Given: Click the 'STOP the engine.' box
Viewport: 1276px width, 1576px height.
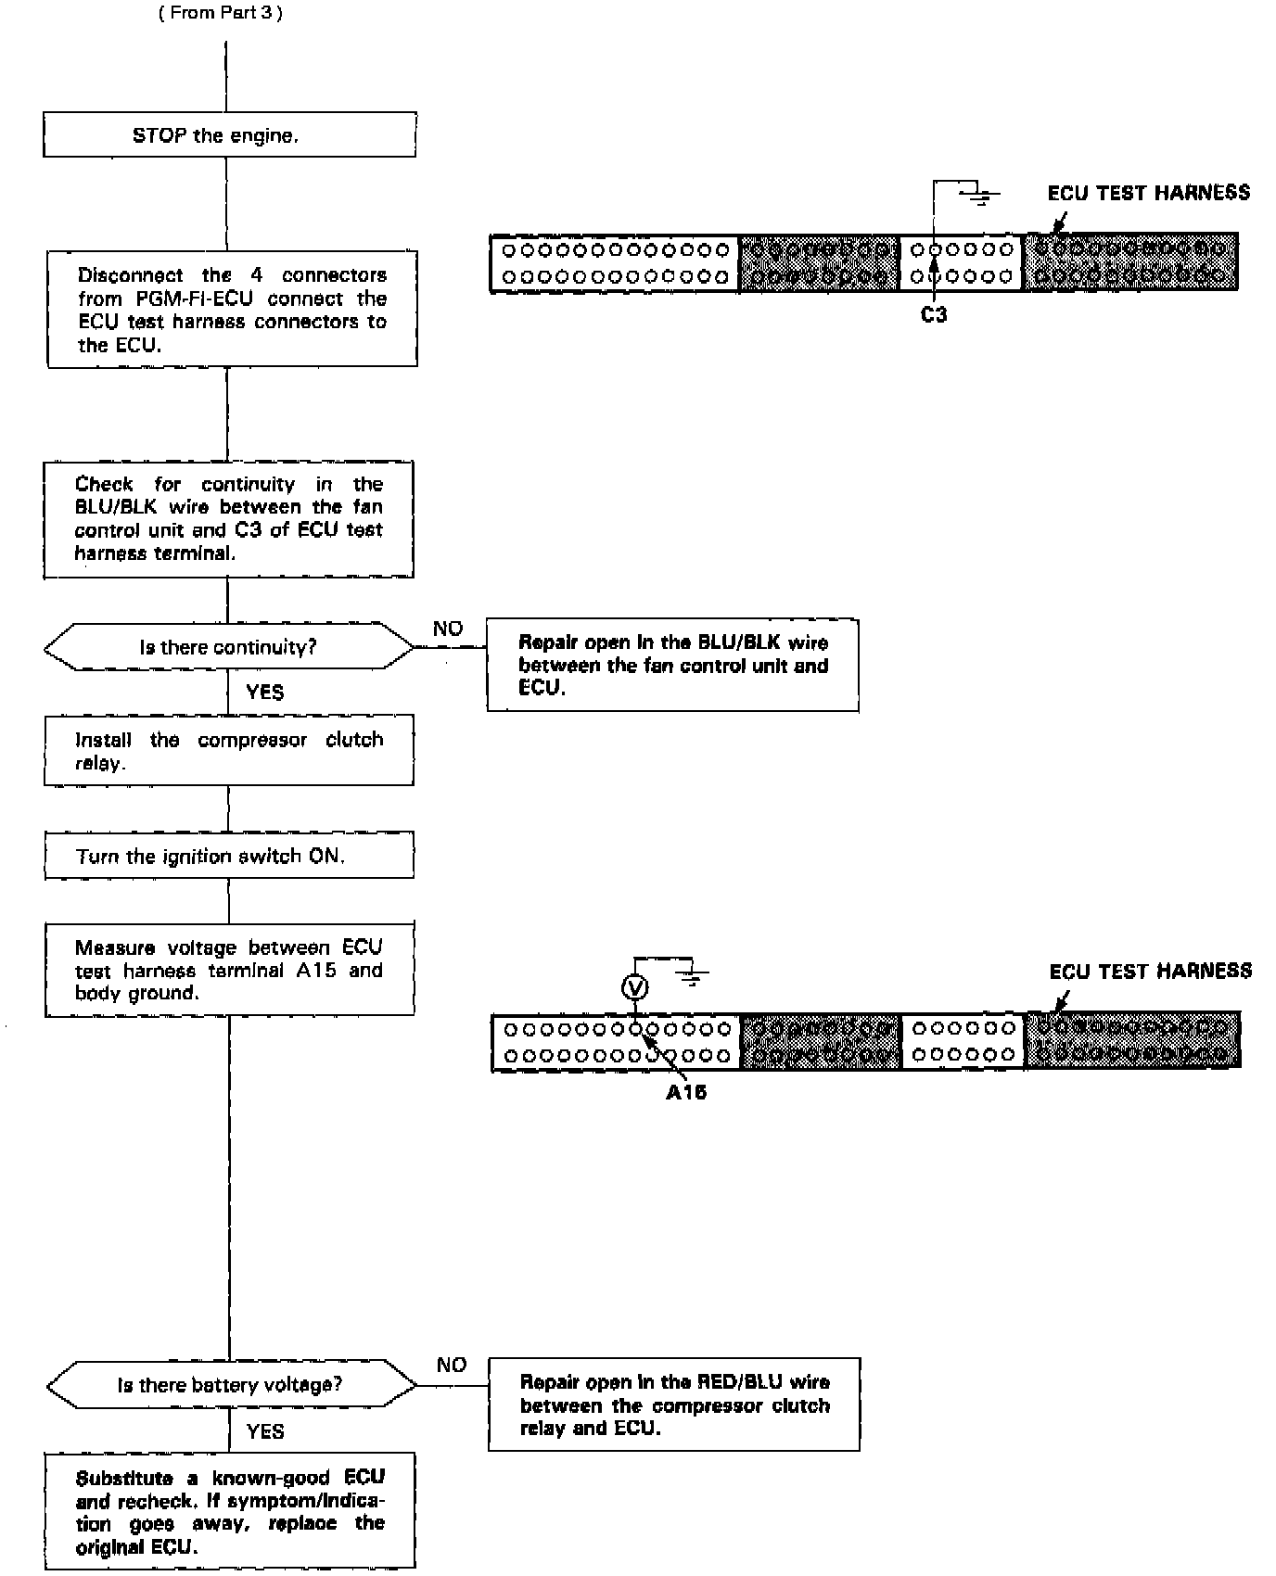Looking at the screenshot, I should point(229,135).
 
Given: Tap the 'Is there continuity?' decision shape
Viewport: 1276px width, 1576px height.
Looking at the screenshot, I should point(228,647).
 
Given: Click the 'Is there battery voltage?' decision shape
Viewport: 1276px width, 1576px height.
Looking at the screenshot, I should point(230,1385).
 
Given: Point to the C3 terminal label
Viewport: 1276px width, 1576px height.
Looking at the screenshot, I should point(934,315).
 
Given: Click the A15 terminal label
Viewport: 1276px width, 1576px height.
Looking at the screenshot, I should point(686,1092).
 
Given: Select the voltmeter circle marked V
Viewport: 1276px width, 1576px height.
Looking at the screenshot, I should point(635,988).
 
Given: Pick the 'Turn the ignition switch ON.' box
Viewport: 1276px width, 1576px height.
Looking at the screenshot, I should point(229,855).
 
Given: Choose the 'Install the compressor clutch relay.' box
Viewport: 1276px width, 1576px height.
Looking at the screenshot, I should point(229,751).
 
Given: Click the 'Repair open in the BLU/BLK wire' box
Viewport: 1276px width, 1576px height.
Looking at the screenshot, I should point(672,666).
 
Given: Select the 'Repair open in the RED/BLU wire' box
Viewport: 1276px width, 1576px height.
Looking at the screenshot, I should point(674,1404).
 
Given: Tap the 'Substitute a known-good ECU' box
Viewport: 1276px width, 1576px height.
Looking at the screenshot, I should point(230,1511).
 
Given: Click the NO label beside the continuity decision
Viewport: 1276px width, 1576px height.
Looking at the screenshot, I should point(448,629).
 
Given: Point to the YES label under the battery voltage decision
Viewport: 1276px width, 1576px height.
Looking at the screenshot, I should point(265,1431).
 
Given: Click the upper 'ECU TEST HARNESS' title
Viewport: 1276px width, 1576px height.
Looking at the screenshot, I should point(1148,193).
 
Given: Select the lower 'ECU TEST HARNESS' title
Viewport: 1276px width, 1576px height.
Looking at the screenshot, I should point(1150,972).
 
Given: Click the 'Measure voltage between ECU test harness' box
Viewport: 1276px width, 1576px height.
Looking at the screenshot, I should point(229,970).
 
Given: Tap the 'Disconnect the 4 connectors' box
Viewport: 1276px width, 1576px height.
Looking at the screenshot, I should point(232,310).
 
